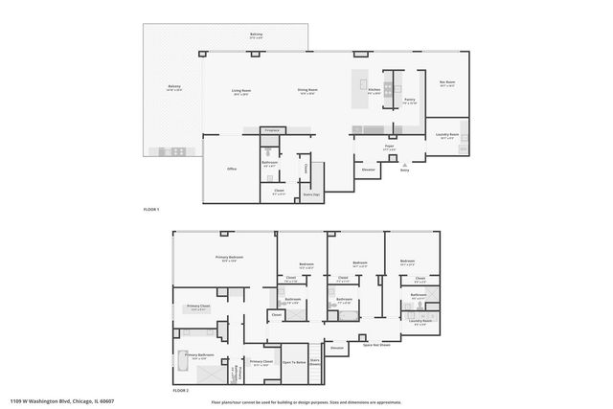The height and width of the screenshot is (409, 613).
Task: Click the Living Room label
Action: click(239, 92)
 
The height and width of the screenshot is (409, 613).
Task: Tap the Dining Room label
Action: click(307, 91)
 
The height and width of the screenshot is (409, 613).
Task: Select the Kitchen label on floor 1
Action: click(374, 90)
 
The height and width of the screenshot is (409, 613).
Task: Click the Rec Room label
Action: click(446, 83)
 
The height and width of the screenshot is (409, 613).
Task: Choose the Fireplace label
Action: click(272, 129)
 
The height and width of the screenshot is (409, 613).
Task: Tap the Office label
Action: click(232, 169)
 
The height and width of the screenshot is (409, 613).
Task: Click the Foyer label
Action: click(389, 148)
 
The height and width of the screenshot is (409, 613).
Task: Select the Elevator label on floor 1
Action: click(367, 170)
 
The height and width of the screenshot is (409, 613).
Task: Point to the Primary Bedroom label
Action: click(229, 257)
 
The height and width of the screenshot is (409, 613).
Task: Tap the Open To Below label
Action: click(293, 362)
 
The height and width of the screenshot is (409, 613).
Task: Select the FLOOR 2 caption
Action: click(181, 391)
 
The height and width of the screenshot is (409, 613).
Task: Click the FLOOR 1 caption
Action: click(150, 208)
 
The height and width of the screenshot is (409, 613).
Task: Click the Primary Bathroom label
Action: click(199, 354)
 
